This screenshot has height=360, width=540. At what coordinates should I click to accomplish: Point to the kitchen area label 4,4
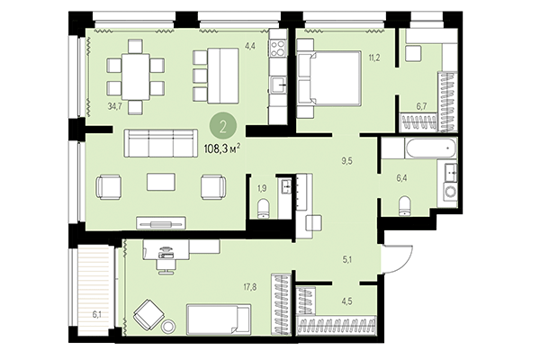pyautogui.click(x=250, y=45)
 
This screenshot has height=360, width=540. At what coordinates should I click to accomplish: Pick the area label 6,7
pyautogui.click(x=422, y=105)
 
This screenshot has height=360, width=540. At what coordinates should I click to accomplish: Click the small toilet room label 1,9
pyautogui.click(x=262, y=188)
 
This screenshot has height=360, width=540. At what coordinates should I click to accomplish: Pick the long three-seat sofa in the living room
pyautogui.click(x=161, y=142)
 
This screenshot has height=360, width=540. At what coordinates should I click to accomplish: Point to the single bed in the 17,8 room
pyautogui.click(x=218, y=319)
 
